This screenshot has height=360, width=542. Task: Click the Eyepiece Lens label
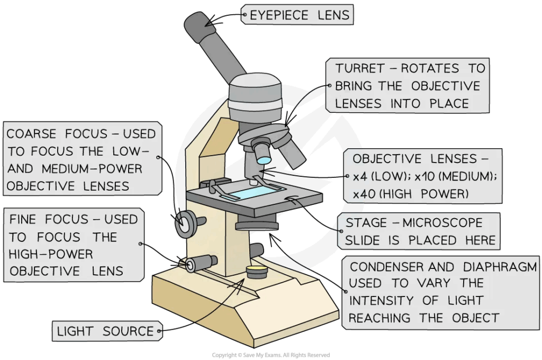(x=299, y=15)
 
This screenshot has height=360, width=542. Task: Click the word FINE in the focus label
(x=24, y=220)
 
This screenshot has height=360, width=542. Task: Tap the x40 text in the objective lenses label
(x=363, y=195)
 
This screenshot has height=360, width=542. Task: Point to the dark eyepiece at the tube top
(x=200, y=28)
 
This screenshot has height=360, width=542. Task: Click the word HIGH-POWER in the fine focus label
(x=51, y=254)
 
